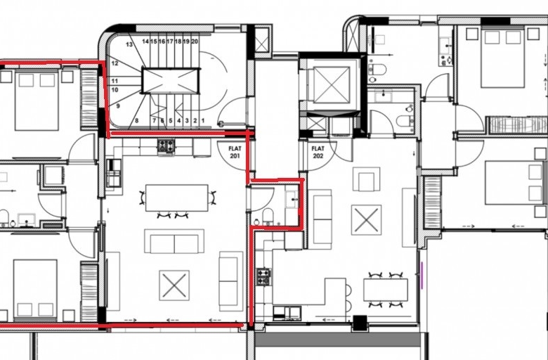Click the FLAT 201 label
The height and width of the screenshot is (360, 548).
235,152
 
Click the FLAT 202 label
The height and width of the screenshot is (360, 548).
318,152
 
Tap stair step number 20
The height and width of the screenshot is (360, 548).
195,41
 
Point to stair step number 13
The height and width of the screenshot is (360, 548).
129,44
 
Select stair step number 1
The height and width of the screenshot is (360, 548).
203,121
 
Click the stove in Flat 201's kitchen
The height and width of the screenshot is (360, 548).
166,146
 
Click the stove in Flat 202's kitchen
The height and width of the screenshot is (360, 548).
264,276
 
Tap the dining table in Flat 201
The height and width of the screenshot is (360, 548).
177,198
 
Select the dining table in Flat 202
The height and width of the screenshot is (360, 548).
386,290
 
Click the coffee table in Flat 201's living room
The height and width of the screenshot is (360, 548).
174,285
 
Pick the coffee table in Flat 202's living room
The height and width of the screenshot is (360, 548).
366,219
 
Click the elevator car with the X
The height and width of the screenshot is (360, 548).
332,84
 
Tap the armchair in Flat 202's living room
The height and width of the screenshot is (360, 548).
366,179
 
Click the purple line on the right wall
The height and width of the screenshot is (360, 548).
422,276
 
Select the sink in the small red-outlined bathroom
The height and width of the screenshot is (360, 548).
292,200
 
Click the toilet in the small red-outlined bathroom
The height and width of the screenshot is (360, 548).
268,216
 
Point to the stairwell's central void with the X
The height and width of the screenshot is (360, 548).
171,81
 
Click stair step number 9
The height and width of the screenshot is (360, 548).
118,105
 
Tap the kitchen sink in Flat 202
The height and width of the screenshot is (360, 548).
287,313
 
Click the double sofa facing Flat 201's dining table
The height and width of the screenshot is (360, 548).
174,241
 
